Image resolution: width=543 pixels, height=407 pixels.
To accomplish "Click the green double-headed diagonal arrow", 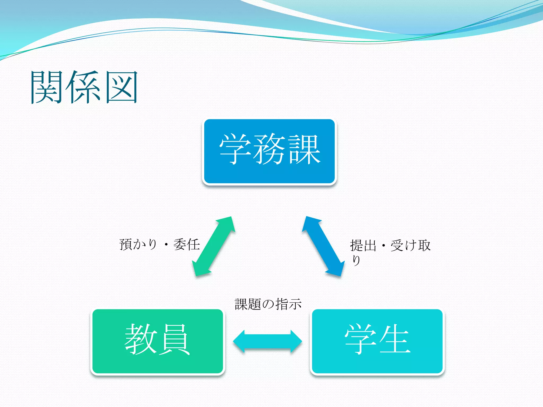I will (214, 246).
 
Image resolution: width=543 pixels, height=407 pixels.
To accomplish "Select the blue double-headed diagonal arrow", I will (323, 246).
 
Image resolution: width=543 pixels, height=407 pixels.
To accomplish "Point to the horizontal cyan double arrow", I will (267, 341).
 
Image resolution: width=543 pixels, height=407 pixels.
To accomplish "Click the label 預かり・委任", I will (159, 244).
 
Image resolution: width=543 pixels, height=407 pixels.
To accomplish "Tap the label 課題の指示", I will (268, 304).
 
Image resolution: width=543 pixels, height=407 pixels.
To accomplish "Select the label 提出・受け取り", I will (390, 246).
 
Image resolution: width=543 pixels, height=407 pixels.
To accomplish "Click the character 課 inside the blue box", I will (305, 149).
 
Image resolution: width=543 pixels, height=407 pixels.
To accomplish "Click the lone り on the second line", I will (356, 260).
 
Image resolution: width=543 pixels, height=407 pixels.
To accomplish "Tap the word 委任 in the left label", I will (186, 244).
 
